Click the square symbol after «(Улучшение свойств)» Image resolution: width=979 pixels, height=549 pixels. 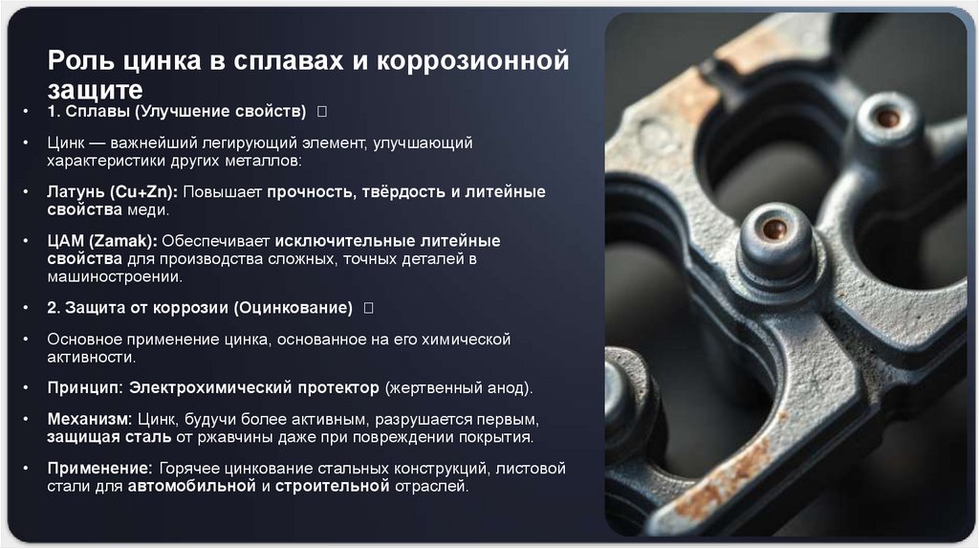[322, 113]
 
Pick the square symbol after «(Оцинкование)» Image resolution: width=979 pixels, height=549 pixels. [368, 308]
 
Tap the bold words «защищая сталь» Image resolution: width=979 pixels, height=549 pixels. [108, 437]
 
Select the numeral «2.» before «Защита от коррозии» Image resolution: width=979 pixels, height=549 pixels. [54, 308]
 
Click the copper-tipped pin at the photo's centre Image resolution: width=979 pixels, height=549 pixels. [774, 230]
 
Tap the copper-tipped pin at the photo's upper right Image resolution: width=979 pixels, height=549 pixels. [888, 119]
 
